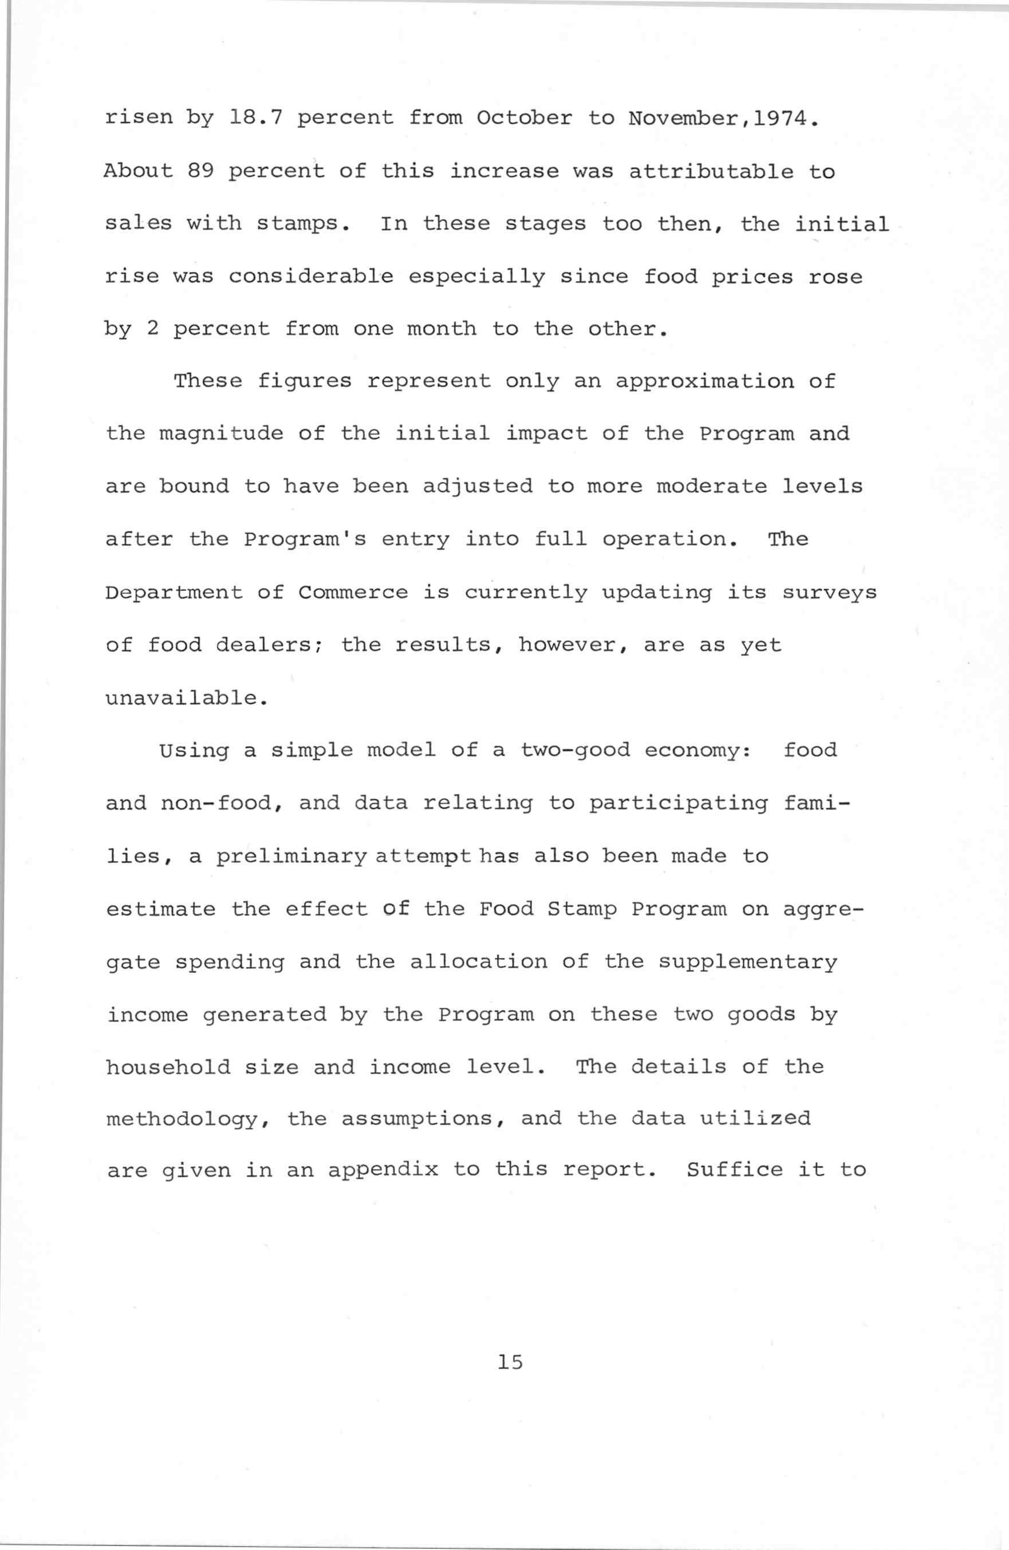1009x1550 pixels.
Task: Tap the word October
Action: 525,118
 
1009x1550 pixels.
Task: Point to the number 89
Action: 200,171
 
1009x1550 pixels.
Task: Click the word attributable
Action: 711,171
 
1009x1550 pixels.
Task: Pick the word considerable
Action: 311,276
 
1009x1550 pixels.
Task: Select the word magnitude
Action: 222,434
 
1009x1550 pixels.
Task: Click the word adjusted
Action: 478,487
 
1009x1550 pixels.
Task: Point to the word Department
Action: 174,593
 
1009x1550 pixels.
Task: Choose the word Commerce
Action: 353,593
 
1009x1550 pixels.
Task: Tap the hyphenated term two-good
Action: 574,750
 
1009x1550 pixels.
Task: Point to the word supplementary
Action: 747,962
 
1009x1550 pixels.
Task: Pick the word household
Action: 168,1067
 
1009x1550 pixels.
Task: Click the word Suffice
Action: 735,1170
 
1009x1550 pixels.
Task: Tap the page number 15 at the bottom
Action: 510,1362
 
